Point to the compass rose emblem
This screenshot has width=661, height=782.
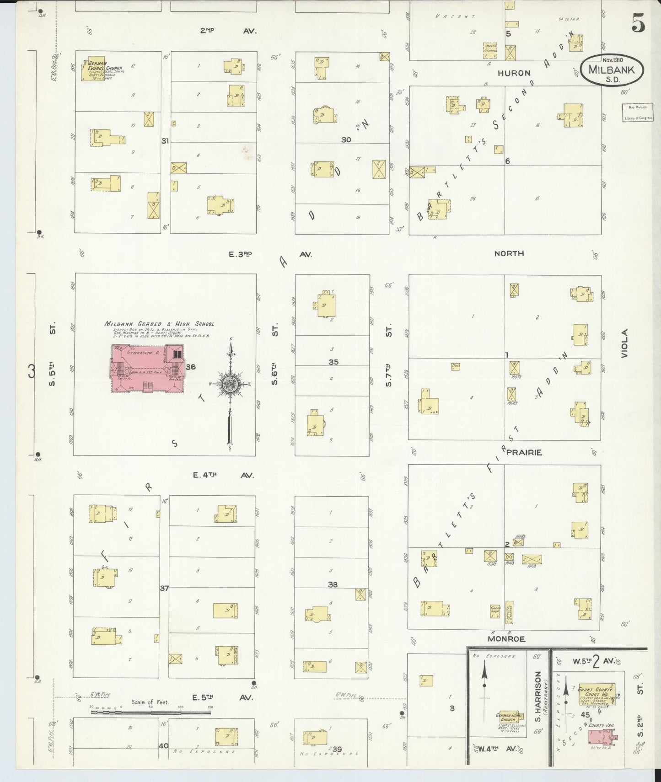coord(231,385)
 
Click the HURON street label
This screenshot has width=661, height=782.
coord(514,73)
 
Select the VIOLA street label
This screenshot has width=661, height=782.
coord(625,343)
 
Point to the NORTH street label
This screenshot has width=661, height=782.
coord(509,253)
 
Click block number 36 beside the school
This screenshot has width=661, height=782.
coord(191,366)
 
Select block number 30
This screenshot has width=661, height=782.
coord(346,139)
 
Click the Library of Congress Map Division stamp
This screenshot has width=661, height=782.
coord(637,112)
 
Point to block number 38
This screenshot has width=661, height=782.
coord(333,584)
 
